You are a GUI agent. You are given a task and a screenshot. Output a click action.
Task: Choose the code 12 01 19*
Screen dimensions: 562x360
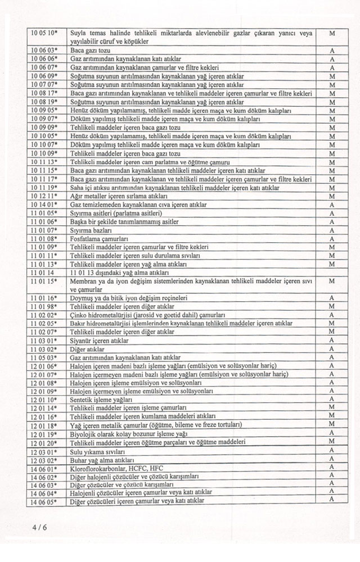(x=44, y=433)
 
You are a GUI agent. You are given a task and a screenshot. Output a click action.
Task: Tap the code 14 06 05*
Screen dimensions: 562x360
(x=44, y=500)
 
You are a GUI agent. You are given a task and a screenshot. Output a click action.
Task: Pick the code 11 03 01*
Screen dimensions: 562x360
(x=44, y=340)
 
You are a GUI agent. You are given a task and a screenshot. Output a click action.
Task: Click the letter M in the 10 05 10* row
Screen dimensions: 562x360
(x=332, y=34)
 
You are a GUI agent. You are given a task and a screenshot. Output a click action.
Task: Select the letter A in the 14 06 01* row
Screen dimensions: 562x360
(x=332, y=467)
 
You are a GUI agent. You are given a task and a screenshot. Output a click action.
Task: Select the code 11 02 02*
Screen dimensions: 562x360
(x=44, y=315)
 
